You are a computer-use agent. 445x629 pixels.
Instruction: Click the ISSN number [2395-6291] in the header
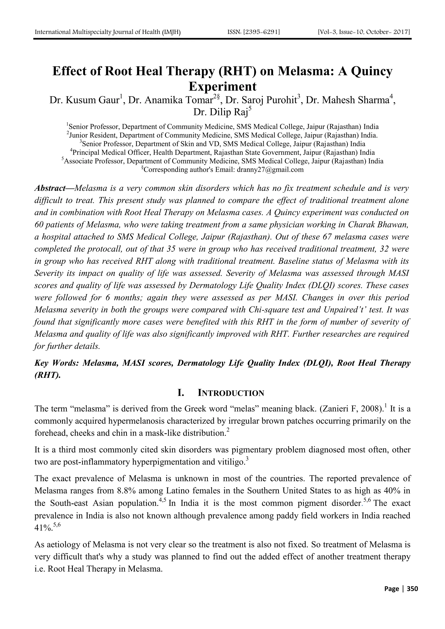coord(254,32)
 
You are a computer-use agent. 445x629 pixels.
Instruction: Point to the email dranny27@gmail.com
coord(270,170)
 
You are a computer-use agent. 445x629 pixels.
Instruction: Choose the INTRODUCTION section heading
coord(231,393)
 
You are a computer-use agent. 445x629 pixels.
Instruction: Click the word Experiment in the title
coord(222,87)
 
